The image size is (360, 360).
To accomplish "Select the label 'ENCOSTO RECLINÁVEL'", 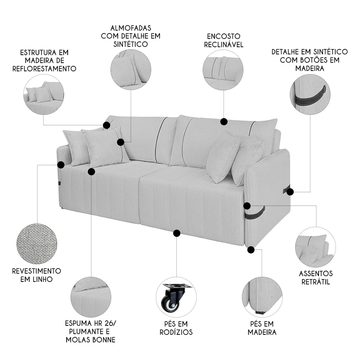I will [224, 40].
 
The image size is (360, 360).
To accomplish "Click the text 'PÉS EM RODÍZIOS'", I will [176, 328].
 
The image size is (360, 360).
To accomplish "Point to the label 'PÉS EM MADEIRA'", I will [262, 328].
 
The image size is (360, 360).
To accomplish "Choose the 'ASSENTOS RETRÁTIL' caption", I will [316, 278].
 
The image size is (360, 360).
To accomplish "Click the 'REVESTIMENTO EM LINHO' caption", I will [36, 275].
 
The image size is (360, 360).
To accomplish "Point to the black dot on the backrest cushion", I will [224, 122].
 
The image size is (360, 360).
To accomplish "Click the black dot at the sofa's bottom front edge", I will [176, 233].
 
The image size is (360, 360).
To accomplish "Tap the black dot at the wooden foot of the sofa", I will [251, 249].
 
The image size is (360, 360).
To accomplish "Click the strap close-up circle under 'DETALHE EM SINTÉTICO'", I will [310, 94].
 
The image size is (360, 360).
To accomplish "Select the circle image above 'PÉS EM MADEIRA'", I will [262, 297].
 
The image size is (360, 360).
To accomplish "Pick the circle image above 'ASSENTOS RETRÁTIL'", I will [315, 247].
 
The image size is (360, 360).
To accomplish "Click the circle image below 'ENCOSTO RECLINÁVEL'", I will [223, 70].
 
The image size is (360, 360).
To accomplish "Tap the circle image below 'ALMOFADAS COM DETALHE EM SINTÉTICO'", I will [130, 69].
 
